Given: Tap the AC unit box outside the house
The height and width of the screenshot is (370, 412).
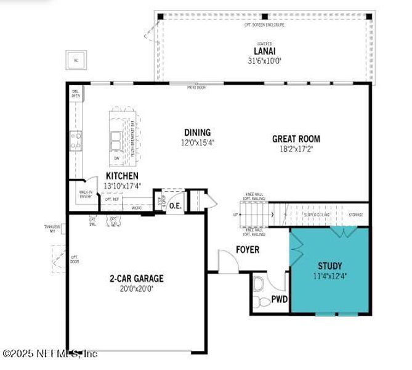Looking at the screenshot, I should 76,60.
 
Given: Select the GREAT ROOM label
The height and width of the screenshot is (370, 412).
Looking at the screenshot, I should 296,139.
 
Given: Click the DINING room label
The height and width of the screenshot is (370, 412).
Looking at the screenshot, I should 197,132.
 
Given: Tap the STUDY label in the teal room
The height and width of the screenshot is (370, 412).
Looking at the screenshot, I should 329,266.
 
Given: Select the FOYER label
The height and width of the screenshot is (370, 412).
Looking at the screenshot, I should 248,250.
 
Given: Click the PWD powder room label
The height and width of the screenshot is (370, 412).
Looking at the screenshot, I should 280,300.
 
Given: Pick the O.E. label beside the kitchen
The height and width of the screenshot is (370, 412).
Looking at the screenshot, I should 175,205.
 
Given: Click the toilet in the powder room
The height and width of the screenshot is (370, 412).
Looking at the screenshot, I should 259,285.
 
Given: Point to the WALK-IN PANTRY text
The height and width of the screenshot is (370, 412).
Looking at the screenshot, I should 86,194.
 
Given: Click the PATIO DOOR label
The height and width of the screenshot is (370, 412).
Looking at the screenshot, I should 196,88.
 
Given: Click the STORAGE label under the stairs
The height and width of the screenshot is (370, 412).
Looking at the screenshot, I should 355,215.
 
